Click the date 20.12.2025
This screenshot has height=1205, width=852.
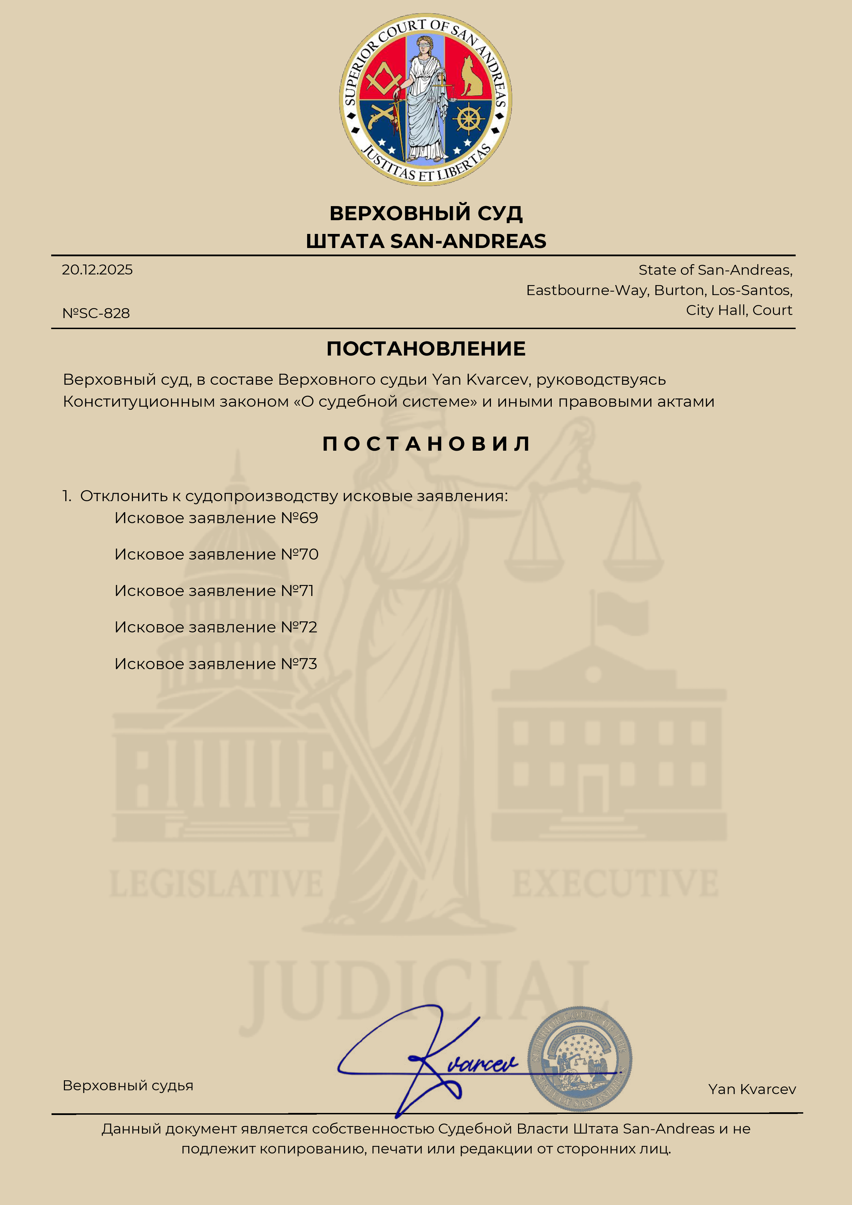[x=97, y=270]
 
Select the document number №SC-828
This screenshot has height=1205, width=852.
[x=96, y=313]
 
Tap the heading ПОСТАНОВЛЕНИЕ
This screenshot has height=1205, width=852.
[x=426, y=349]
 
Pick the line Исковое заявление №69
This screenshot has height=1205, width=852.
[x=216, y=518]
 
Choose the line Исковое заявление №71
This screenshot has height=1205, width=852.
[x=214, y=591]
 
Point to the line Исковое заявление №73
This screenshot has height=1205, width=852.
[x=216, y=664]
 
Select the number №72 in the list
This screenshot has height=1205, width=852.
[x=299, y=627]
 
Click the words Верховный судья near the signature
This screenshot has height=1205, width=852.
[x=128, y=1085]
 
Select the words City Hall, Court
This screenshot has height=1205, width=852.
[x=739, y=310]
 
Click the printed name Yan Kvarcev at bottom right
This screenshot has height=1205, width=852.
[x=752, y=1090]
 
